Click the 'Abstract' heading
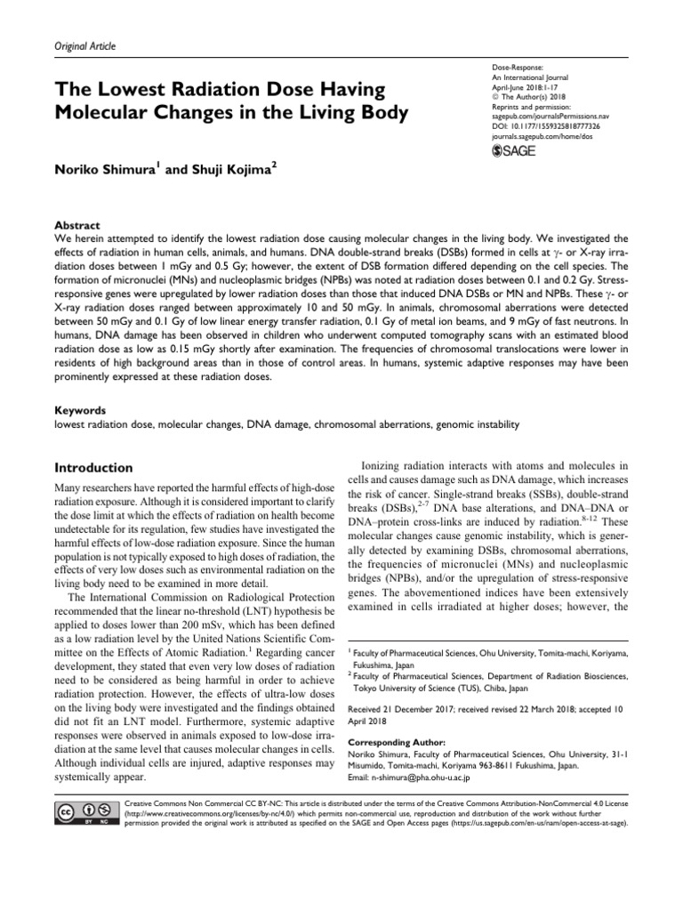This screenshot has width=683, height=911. [77, 225]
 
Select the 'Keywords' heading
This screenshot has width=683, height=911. [82, 412]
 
